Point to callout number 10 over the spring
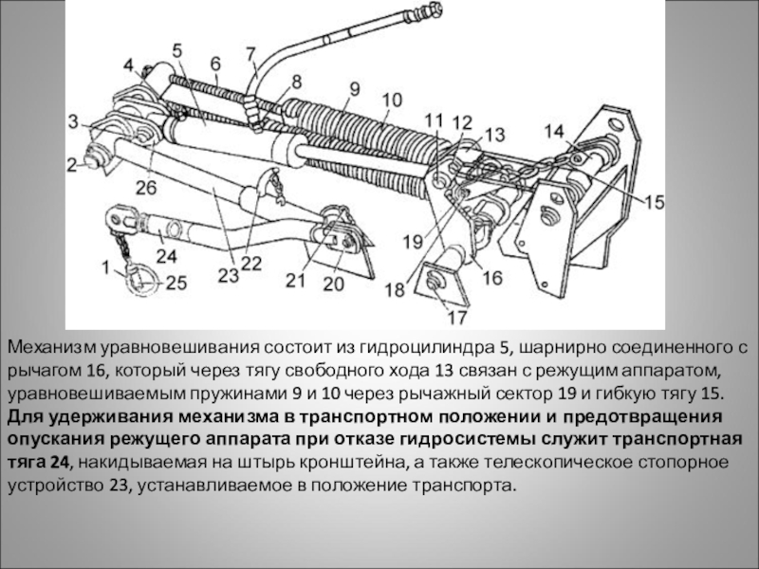[392, 99]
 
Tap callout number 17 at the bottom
[456, 318]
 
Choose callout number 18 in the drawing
[394, 289]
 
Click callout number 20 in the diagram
[334, 282]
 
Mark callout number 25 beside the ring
[176, 282]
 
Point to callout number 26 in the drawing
[145, 187]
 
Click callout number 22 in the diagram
[250, 264]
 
